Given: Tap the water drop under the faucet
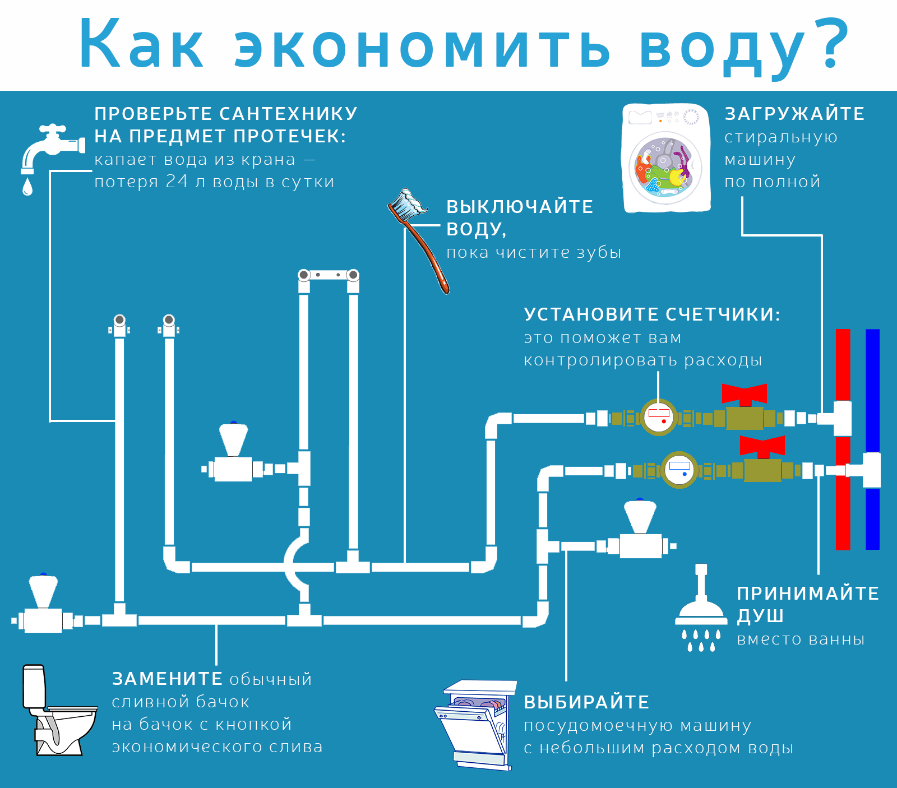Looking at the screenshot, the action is click(27, 187).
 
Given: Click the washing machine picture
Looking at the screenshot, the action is click(667, 157).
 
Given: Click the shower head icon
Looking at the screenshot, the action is click(701, 608).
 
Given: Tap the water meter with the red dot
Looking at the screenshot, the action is click(659, 418).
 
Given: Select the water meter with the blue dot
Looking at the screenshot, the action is click(679, 470).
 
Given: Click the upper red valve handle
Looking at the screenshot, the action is click(745, 394).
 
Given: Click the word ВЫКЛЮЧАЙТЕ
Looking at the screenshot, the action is click(520, 206).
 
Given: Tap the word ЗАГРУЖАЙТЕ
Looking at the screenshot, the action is click(794, 114).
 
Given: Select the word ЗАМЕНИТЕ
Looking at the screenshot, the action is click(167, 679).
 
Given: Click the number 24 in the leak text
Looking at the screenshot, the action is click(177, 181).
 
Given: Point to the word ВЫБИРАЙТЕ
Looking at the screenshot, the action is click(586, 702).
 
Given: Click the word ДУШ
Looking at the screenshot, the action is click(760, 616).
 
